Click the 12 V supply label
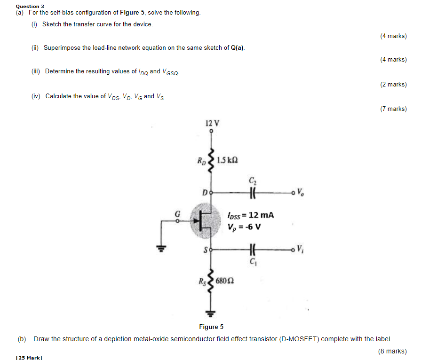pyautogui.click(x=212, y=123)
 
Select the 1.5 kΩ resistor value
pyautogui.click(x=228, y=160)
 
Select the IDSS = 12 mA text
pyautogui.click(x=250, y=215)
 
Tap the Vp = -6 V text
pyautogui.click(x=244, y=227)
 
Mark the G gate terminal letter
pyautogui.click(x=177, y=213)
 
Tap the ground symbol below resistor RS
pyautogui.click(x=212, y=313)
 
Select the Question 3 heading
pyautogui.click(x=30, y=6)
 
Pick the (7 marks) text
pyautogui.click(x=393, y=109)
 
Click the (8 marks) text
pyautogui.click(x=392, y=351)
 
